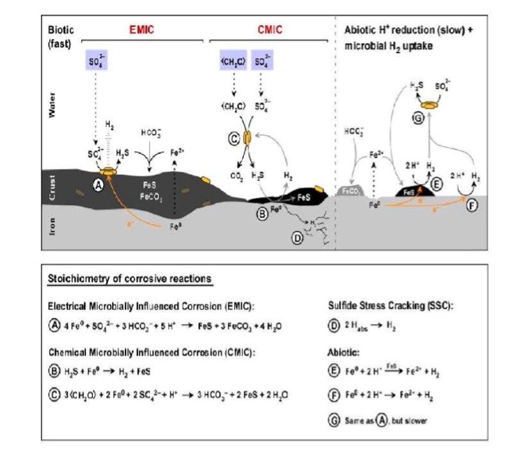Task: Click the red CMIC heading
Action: [x=269, y=29]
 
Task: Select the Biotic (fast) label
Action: [x=61, y=35]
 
